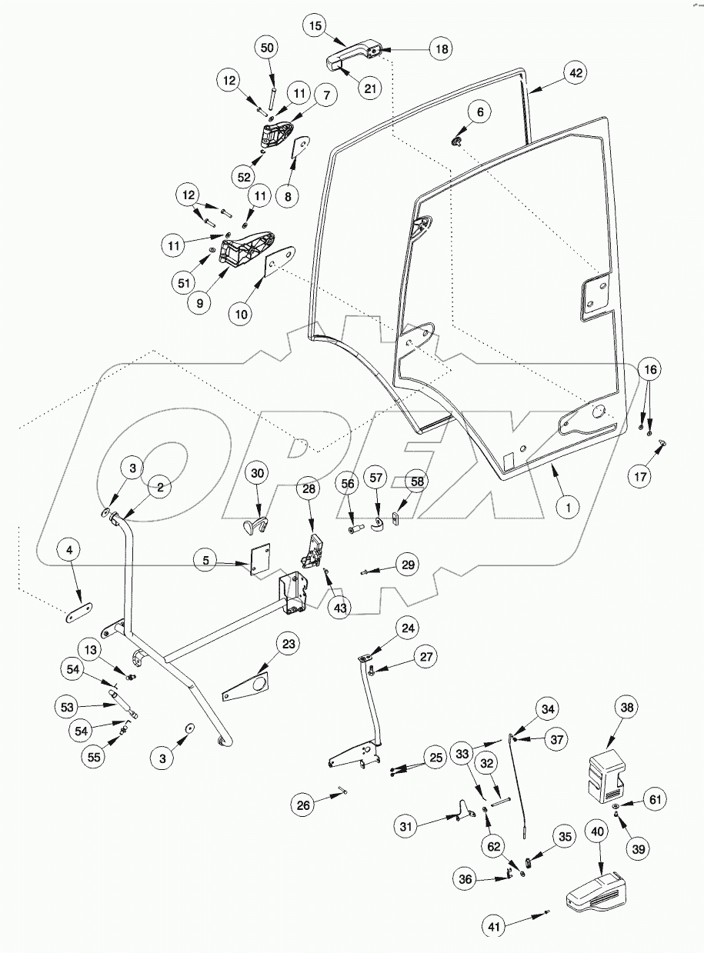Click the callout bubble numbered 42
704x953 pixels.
click(576, 73)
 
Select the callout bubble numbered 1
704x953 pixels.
click(569, 508)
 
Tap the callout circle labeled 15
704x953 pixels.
click(314, 25)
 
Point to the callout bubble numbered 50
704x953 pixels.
click(267, 48)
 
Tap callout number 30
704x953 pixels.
click(257, 474)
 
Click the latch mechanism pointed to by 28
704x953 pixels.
click(312, 552)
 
